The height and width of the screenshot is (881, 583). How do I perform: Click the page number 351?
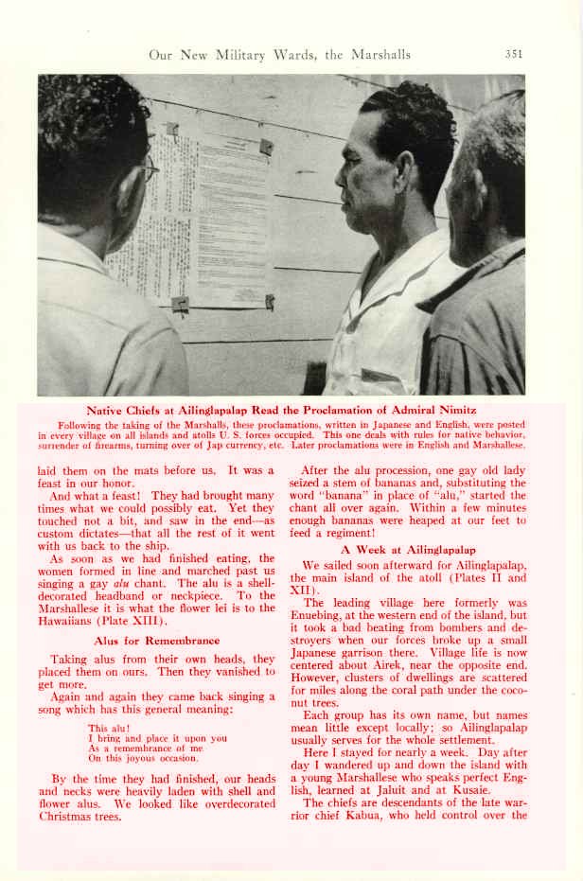(x=513, y=55)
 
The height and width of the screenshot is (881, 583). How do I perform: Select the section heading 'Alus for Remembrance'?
(x=157, y=641)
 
